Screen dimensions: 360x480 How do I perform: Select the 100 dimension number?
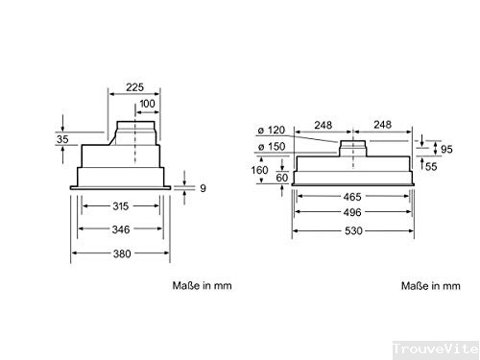tap(146, 103)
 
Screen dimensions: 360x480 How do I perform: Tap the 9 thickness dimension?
tap(203, 188)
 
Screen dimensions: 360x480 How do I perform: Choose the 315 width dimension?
tap(120, 205)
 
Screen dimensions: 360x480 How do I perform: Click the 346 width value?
tap(120, 229)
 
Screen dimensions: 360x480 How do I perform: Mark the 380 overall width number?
tap(120, 253)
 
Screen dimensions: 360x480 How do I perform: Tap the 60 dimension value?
tap(282, 178)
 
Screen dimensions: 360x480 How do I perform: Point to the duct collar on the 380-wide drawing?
tap(136, 130)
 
